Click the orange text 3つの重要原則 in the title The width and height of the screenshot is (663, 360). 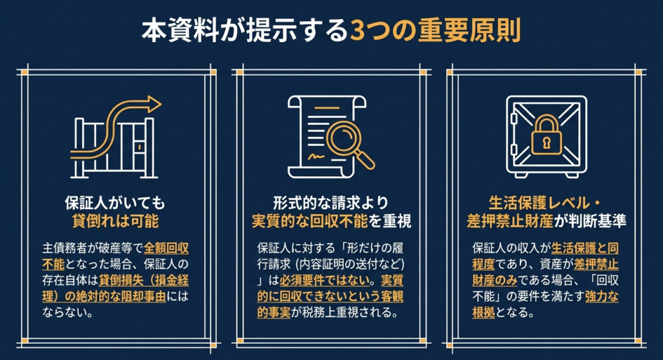click(x=434, y=31)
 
